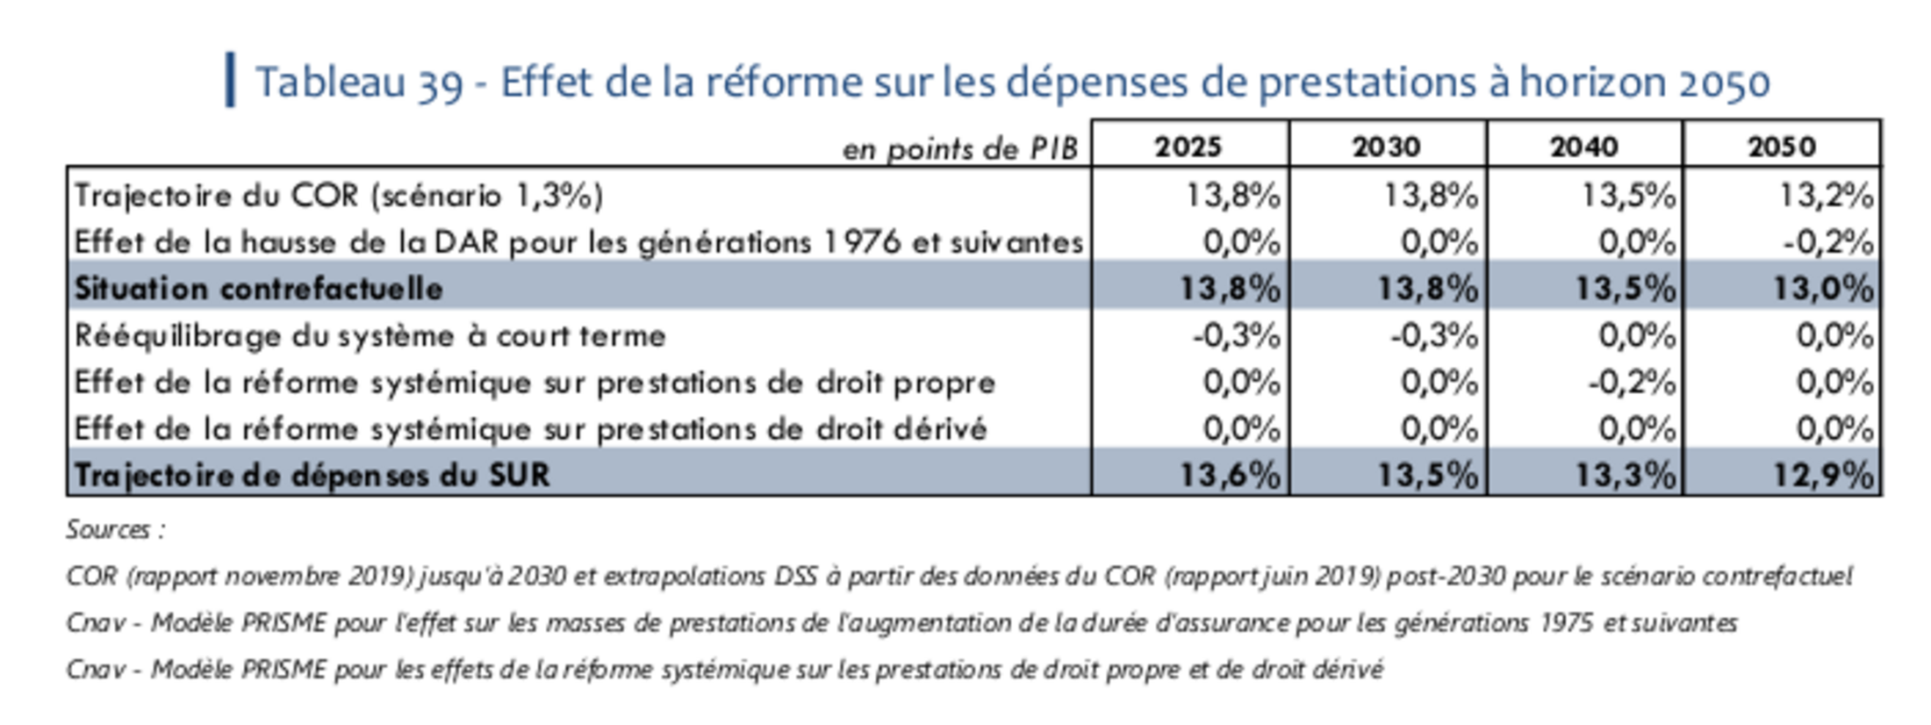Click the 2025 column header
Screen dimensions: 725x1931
coord(1188,146)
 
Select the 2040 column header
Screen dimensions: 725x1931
coord(1583,146)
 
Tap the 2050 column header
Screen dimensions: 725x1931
coord(1781,146)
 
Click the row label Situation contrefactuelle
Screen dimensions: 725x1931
coord(258,289)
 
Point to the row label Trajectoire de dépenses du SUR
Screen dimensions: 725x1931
coord(312,475)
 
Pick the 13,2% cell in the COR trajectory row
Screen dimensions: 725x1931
coord(1826,195)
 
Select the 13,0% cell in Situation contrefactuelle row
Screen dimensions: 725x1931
coord(1823,289)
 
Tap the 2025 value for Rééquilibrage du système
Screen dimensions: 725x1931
coord(1236,335)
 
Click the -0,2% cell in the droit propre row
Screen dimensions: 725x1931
coord(1632,383)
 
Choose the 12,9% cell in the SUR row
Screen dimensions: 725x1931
coord(1823,475)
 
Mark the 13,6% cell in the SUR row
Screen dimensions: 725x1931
coord(1230,475)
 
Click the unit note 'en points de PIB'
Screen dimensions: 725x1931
coord(959,149)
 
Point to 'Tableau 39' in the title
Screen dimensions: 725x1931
coord(359,83)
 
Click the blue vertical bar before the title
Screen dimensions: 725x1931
coord(230,80)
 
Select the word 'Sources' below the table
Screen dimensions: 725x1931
coord(108,529)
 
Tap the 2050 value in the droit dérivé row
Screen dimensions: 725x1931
coord(1834,429)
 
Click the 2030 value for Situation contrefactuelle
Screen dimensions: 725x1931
coord(1427,289)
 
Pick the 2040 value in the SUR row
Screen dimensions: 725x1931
coord(1625,475)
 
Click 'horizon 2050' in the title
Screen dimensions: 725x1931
coord(1644,83)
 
